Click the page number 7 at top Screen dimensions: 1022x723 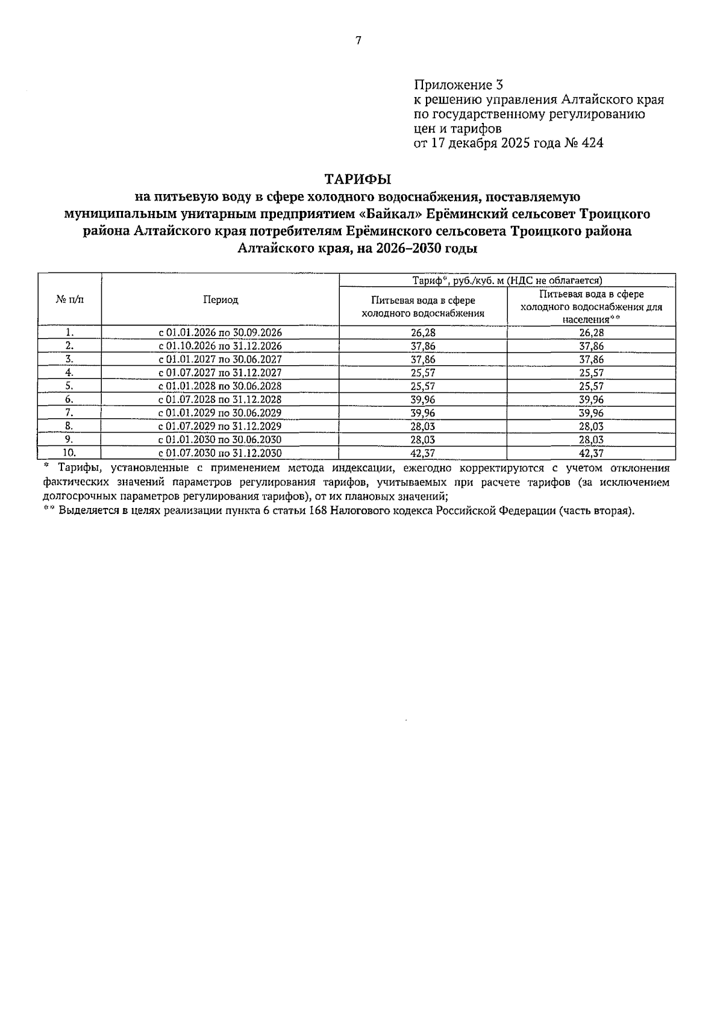click(358, 40)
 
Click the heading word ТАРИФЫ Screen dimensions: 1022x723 click(358, 179)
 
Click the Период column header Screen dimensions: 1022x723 click(220, 300)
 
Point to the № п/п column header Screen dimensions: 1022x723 click(70, 300)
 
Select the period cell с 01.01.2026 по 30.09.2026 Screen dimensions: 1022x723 click(220, 333)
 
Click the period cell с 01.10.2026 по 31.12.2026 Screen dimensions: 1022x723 click(220, 346)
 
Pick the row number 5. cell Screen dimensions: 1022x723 click(69, 386)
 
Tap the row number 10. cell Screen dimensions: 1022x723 click(69, 453)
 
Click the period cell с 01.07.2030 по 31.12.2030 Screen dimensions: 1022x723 click(220, 453)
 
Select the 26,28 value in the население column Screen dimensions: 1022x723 click(591, 333)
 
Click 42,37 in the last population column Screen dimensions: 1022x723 click(591, 453)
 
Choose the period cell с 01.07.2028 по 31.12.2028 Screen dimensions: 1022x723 click(220, 399)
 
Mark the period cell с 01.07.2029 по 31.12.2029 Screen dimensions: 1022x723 click(220, 426)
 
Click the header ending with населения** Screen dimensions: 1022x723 click(591, 307)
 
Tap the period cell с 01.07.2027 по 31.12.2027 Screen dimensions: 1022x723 click(220, 372)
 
